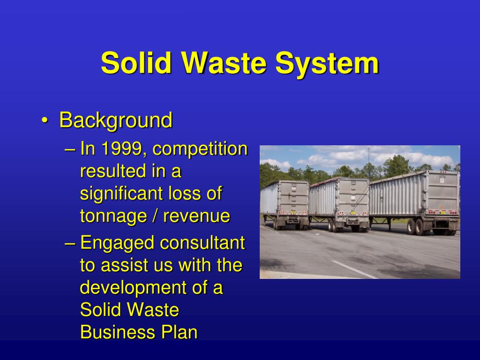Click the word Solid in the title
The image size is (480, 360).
point(136,63)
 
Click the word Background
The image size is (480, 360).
point(116,120)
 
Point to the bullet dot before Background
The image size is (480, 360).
point(44,121)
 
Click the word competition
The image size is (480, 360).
point(200,149)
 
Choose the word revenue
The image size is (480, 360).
point(196,216)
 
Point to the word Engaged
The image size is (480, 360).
point(117,243)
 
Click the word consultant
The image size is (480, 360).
point(202,243)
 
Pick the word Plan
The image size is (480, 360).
point(179,332)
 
